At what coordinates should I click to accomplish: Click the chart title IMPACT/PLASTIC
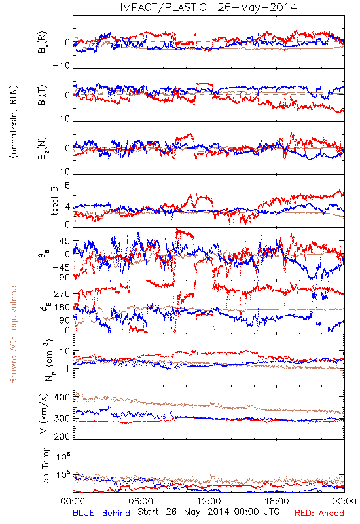click(x=163, y=7)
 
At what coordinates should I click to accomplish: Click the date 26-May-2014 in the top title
click(x=257, y=7)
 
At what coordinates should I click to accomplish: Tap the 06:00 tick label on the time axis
click(x=141, y=501)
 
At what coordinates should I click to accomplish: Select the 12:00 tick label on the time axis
click(x=209, y=501)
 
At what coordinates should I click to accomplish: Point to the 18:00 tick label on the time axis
click(x=277, y=501)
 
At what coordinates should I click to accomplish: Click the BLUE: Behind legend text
click(x=101, y=513)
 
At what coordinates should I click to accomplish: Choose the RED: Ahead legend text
click(x=319, y=513)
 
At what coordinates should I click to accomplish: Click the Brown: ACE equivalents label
click(x=13, y=333)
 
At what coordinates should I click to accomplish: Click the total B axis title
click(x=54, y=200)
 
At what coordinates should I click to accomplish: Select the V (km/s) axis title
click(x=44, y=413)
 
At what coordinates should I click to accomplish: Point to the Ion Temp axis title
click(x=45, y=466)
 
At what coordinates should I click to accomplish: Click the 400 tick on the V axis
click(x=62, y=398)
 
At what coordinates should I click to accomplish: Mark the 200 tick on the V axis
click(x=62, y=436)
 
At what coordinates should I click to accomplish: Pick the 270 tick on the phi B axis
click(x=62, y=293)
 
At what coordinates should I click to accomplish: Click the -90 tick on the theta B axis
click(x=61, y=277)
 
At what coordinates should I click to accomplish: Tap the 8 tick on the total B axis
click(x=67, y=185)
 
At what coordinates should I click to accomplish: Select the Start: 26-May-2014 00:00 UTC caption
click(x=208, y=512)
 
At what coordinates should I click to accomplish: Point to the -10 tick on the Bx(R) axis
click(x=61, y=65)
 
